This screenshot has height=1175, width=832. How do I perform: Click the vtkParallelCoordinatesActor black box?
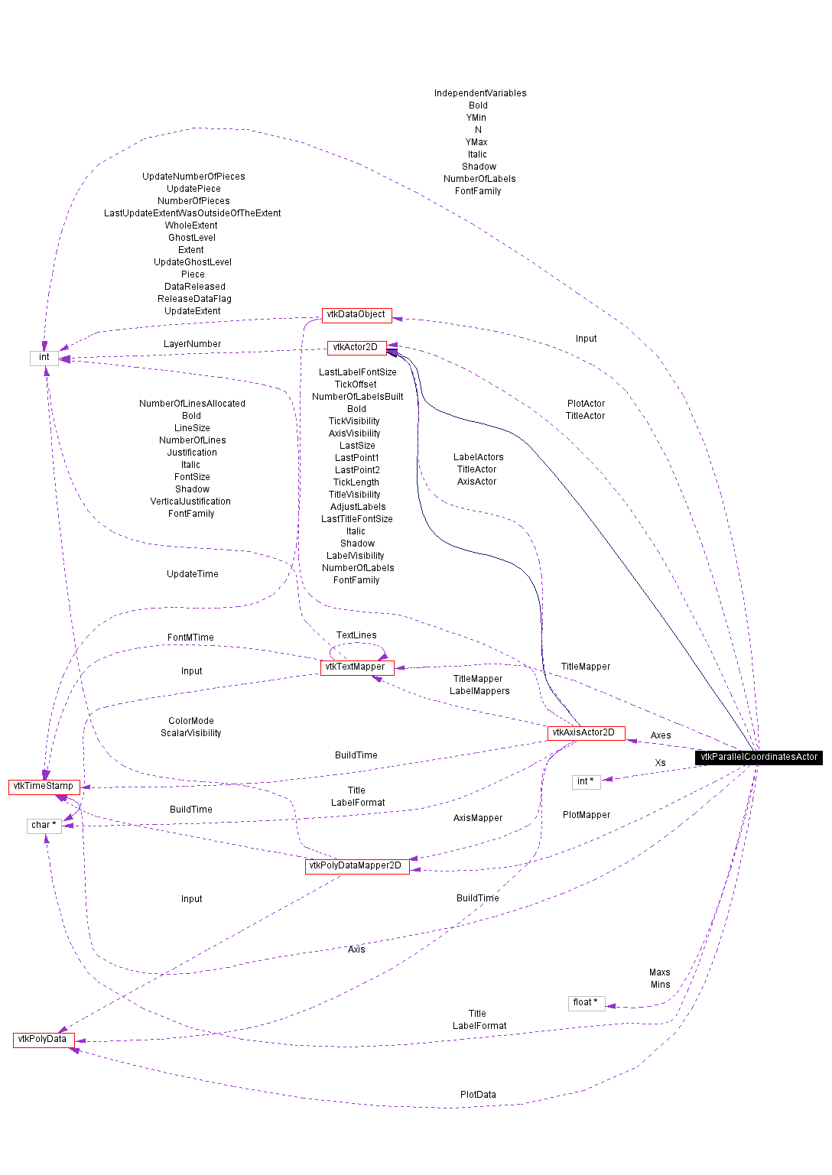click(x=759, y=757)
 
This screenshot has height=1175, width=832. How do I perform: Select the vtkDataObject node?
click(x=356, y=314)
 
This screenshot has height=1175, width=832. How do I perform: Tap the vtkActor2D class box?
click(x=356, y=347)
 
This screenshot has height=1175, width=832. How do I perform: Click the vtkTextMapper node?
click(x=356, y=667)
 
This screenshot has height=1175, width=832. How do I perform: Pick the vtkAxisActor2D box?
click(x=586, y=732)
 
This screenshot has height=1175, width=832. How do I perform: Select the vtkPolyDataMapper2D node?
click(x=356, y=865)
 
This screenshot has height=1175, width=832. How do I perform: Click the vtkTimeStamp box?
click(x=44, y=786)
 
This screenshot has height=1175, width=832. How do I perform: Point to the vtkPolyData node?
click(x=43, y=1039)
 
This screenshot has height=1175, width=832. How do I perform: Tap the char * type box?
click(x=44, y=825)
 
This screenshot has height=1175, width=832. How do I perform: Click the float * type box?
click(x=586, y=1002)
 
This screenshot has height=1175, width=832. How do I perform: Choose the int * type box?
click(x=586, y=781)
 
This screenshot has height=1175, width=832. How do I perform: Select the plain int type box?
click(x=44, y=357)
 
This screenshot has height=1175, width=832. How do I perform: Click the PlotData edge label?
click(x=478, y=1095)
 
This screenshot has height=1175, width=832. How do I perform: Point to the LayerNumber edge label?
click(x=192, y=344)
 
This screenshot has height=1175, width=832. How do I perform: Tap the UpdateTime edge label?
click(x=193, y=574)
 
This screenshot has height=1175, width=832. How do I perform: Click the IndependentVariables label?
click(x=480, y=93)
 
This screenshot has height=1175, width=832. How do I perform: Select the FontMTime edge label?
click(x=190, y=638)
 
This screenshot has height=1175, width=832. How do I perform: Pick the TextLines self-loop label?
click(x=356, y=635)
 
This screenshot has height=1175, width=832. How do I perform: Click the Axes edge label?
click(x=661, y=735)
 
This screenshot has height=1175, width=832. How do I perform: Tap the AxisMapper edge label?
click(x=478, y=818)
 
